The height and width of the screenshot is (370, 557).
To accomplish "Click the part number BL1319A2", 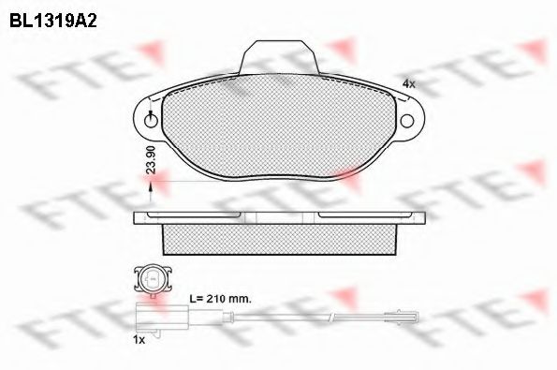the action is pyautogui.click(x=53, y=21).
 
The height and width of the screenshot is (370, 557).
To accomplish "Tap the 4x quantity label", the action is pyautogui.click(x=409, y=84).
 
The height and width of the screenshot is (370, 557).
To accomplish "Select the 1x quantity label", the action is pyautogui.click(x=139, y=340).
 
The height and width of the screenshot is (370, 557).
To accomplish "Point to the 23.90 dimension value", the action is pyautogui.click(x=152, y=159).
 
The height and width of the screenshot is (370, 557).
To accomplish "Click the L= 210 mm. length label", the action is pyautogui.click(x=220, y=299).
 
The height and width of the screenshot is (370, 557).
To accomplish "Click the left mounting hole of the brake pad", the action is pyautogui.click(x=151, y=121).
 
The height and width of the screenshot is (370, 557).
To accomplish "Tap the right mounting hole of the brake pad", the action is pyautogui.click(x=407, y=121).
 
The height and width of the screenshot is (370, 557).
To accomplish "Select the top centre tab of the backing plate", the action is pyautogui.click(x=279, y=57).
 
